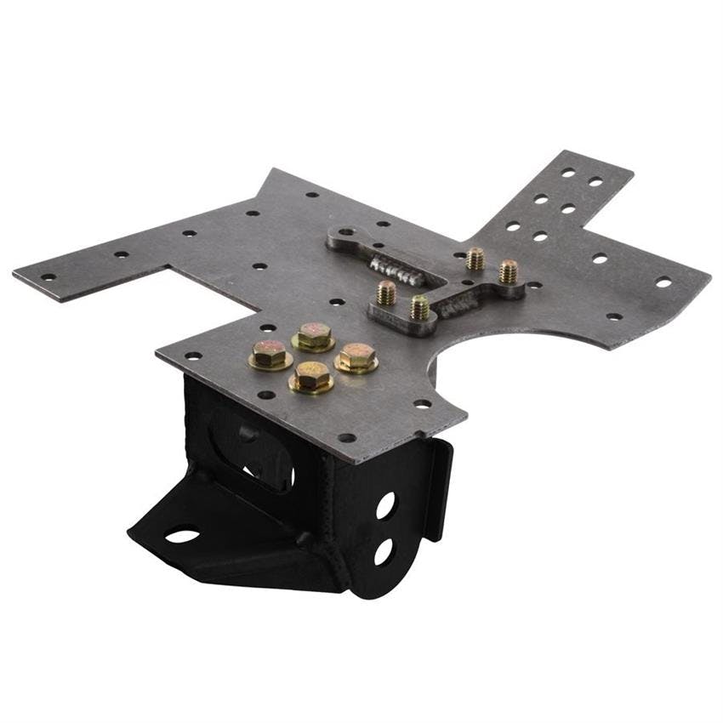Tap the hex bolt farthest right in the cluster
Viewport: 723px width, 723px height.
(x=357, y=356)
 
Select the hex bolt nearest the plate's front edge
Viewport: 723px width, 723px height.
(x=311, y=377)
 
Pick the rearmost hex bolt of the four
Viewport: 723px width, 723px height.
(x=314, y=334)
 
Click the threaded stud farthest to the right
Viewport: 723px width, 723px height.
(x=508, y=271)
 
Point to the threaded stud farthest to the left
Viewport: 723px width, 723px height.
(x=386, y=293)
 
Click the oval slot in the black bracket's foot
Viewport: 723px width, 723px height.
(x=182, y=536)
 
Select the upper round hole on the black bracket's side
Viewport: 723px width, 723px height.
(x=385, y=505)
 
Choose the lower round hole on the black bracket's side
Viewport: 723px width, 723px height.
(x=383, y=551)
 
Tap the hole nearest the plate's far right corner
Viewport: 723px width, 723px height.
(x=663, y=282)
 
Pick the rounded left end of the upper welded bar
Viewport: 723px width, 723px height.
(x=342, y=236)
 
